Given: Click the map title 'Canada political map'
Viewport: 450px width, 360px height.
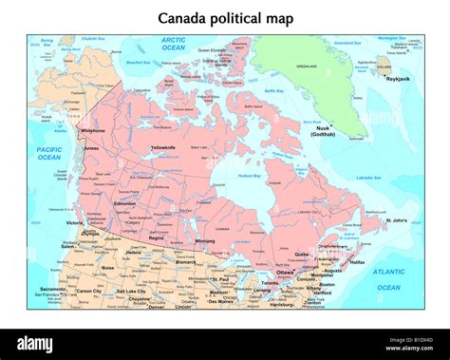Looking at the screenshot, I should click(225, 18).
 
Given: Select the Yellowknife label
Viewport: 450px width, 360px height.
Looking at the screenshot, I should click(162, 147).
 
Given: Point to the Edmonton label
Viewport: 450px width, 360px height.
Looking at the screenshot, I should click(123, 203).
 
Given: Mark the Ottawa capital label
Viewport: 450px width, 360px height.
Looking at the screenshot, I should click(286, 272).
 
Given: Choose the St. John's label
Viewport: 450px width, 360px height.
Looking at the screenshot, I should click(397, 220).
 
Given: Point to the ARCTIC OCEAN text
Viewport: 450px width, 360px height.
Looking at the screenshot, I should click(173, 44).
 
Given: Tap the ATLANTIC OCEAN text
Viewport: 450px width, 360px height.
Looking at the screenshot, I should click(388, 279).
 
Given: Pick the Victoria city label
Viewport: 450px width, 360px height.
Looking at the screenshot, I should click(75, 223).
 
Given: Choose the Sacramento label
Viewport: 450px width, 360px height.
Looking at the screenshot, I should click(53, 289).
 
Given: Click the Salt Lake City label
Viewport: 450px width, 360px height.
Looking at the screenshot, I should click(131, 291).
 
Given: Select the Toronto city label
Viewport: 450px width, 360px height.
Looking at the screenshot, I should click(271, 282).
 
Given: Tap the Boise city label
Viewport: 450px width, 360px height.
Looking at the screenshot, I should click(108, 268).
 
